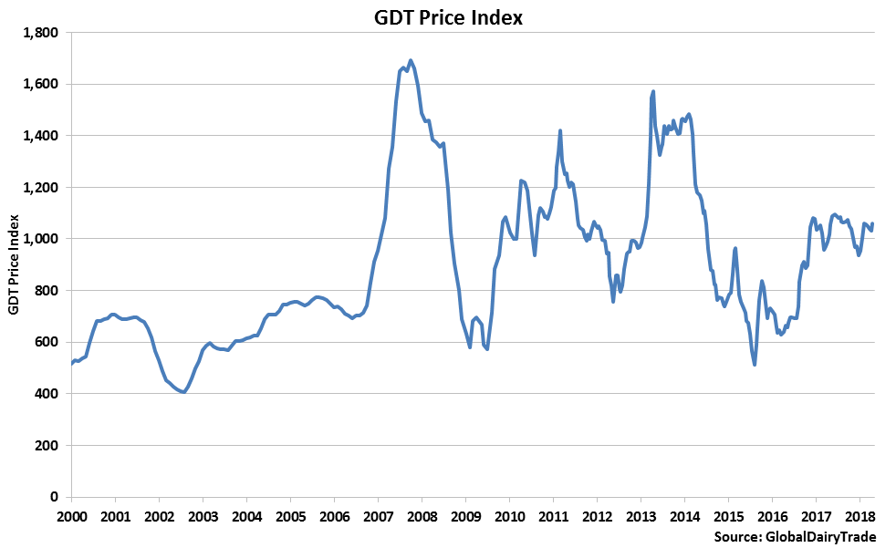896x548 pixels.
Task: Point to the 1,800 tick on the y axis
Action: (x=40, y=33)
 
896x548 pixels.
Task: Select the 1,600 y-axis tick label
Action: (x=40, y=85)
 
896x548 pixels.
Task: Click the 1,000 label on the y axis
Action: (x=40, y=239)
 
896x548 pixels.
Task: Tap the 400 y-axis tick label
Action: (x=47, y=394)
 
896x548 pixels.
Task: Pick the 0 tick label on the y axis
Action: (x=56, y=497)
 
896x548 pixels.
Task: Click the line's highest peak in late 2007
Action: (x=411, y=60)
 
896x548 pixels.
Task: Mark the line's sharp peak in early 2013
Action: (x=653, y=91)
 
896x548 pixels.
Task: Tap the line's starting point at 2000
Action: (x=71, y=364)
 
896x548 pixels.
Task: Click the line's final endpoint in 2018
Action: (x=872, y=223)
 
